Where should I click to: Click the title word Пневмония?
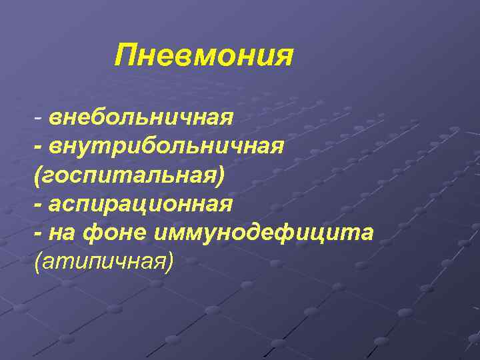pyautogui.click(x=203, y=55)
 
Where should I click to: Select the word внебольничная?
pyautogui.click(x=140, y=117)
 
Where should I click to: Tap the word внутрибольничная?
pyautogui.click(x=167, y=146)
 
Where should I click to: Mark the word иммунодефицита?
pyautogui.click(x=264, y=233)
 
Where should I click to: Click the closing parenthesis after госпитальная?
pyautogui.click(x=222, y=175)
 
